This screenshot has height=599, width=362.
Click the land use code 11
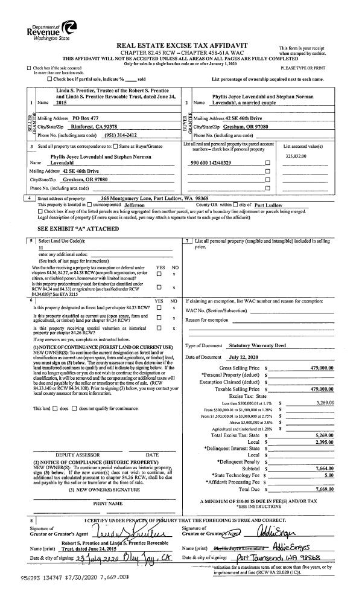click(41, 248)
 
